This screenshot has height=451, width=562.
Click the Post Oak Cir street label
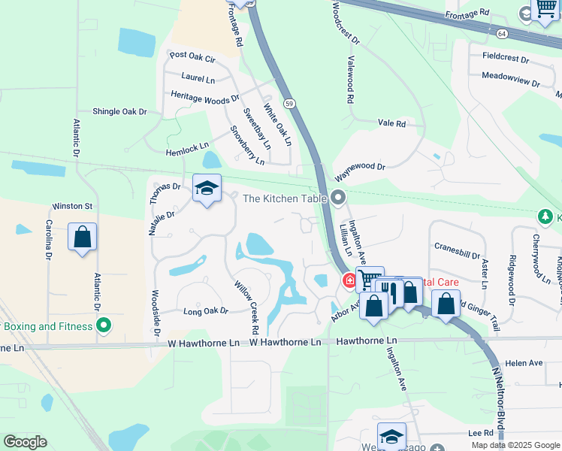pos(193,56)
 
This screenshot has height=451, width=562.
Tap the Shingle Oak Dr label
pos(119,111)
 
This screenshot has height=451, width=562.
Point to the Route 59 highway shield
pos(289,102)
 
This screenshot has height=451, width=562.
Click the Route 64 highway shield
pos(501,34)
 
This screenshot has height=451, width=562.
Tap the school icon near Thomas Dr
pos(207,188)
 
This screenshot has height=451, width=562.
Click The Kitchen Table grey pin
pos(338,198)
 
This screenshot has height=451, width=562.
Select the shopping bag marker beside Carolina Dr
pos(83,238)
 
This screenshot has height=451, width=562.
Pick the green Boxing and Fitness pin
pos(104,326)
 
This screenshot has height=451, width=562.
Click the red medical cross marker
pos(349,281)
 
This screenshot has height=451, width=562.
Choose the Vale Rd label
pos(391,123)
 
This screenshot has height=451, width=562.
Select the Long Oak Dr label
pos(205,310)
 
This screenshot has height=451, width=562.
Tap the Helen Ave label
pos(524,363)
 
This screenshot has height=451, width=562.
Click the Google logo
pos(25,441)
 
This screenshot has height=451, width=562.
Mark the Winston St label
pos(71,206)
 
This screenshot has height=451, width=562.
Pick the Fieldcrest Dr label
pos(508,56)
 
